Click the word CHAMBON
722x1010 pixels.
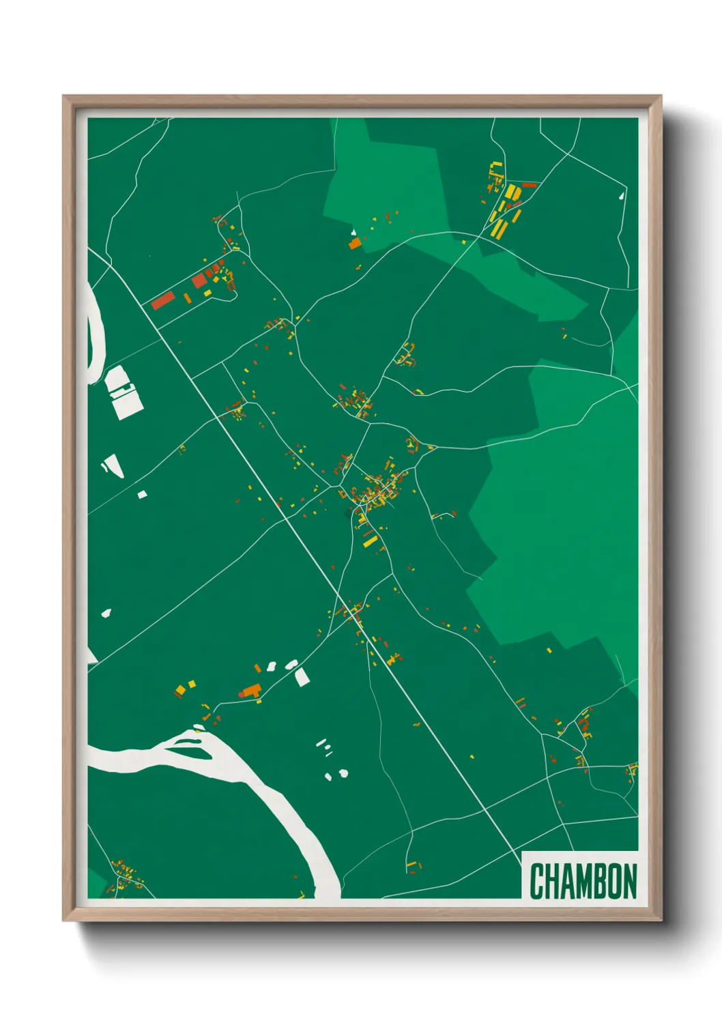(583, 881)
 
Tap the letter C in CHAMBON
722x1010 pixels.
(536, 881)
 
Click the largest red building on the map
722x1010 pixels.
(162, 300)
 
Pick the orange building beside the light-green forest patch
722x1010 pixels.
(355, 243)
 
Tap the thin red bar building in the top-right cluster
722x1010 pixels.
(530, 184)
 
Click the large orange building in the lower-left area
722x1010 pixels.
(251, 691)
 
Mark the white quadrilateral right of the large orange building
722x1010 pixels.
(302, 677)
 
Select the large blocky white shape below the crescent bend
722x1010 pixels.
(124, 392)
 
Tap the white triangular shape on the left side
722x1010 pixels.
(113, 465)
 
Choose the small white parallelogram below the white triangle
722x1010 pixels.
(142, 494)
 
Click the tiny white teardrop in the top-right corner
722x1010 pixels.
(621, 196)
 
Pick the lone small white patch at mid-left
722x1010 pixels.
(106, 613)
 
